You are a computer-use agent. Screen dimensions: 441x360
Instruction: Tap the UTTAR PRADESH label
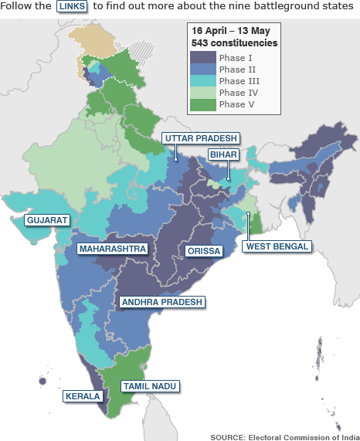point(200,138)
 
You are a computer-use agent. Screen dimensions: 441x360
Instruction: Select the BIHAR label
point(222,154)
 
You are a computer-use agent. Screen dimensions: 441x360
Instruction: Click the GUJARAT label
point(47,220)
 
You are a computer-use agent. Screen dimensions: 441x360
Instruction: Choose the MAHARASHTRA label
point(113,249)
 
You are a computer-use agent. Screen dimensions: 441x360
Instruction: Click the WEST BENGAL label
point(277,246)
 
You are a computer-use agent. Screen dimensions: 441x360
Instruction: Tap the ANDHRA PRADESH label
point(160,302)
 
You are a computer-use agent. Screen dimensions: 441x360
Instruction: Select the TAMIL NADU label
point(150,385)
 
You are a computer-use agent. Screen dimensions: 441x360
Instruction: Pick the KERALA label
point(83,396)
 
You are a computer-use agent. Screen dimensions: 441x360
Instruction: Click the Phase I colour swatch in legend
point(202,56)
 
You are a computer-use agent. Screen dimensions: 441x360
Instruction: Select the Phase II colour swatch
point(202,69)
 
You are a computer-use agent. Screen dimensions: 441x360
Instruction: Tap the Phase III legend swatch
point(202,81)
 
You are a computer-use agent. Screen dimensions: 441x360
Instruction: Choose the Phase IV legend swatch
point(202,93)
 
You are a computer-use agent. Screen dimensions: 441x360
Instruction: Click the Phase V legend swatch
point(202,104)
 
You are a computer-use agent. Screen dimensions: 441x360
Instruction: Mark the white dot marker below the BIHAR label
point(228,181)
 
